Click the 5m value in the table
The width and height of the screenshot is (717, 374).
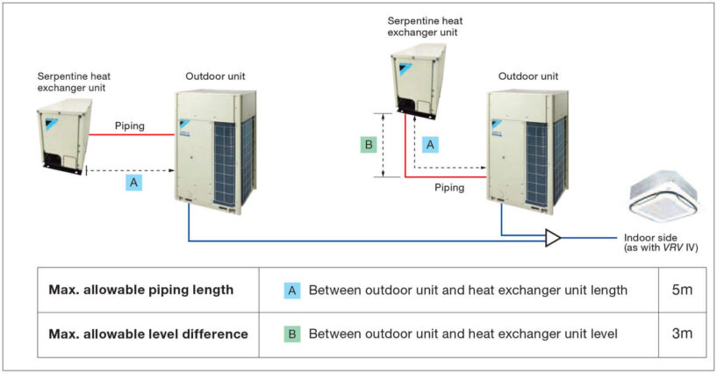pyautogui.click(x=682, y=290)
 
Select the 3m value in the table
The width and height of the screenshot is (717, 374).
pyautogui.click(x=682, y=334)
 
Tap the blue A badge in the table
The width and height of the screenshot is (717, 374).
pyautogui.click(x=292, y=291)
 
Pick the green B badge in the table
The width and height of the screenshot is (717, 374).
pyautogui.click(x=292, y=334)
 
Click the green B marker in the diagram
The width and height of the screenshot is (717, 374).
pyautogui.click(x=369, y=145)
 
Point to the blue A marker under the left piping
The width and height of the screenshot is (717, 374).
pyautogui.click(x=133, y=183)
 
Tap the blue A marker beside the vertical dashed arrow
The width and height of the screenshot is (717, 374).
pyautogui.click(x=430, y=145)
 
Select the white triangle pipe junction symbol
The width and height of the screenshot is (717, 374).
pyautogui.click(x=552, y=238)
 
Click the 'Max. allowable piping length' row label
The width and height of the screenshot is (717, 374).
pyautogui.click(x=140, y=290)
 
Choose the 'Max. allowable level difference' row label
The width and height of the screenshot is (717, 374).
pyautogui.click(x=148, y=334)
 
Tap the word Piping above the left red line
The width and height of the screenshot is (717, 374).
pyautogui.click(x=129, y=126)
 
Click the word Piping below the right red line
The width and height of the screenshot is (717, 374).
pyautogui.click(x=449, y=188)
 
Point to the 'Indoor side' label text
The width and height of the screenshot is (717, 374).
pyautogui.click(x=650, y=238)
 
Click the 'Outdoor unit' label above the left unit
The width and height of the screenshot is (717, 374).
pyautogui.click(x=215, y=76)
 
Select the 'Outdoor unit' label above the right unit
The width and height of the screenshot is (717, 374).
pyautogui.click(x=528, y=76)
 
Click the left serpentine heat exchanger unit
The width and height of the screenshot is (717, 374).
pyautogui.click(x=64, y=136)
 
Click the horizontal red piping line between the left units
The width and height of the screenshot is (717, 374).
pyautogui.click(x=132, y=134)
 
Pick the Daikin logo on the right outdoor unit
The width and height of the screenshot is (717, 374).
pyautogui.click(x=496, y=124)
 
